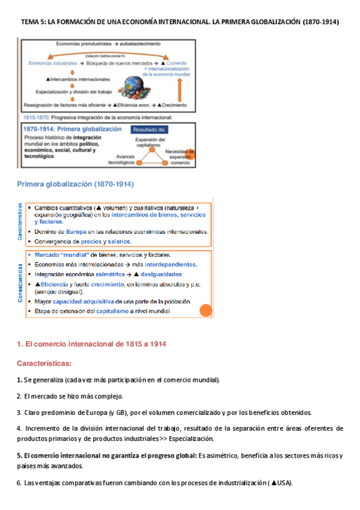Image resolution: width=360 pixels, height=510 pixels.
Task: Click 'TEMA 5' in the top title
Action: coord(32,22)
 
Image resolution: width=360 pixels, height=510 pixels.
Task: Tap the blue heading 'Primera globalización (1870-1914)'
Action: coord(75,184)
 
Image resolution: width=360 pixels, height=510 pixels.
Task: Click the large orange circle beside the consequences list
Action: coord(206,311)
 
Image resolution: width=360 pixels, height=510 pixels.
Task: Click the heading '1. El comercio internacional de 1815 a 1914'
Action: coord(91,344)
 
